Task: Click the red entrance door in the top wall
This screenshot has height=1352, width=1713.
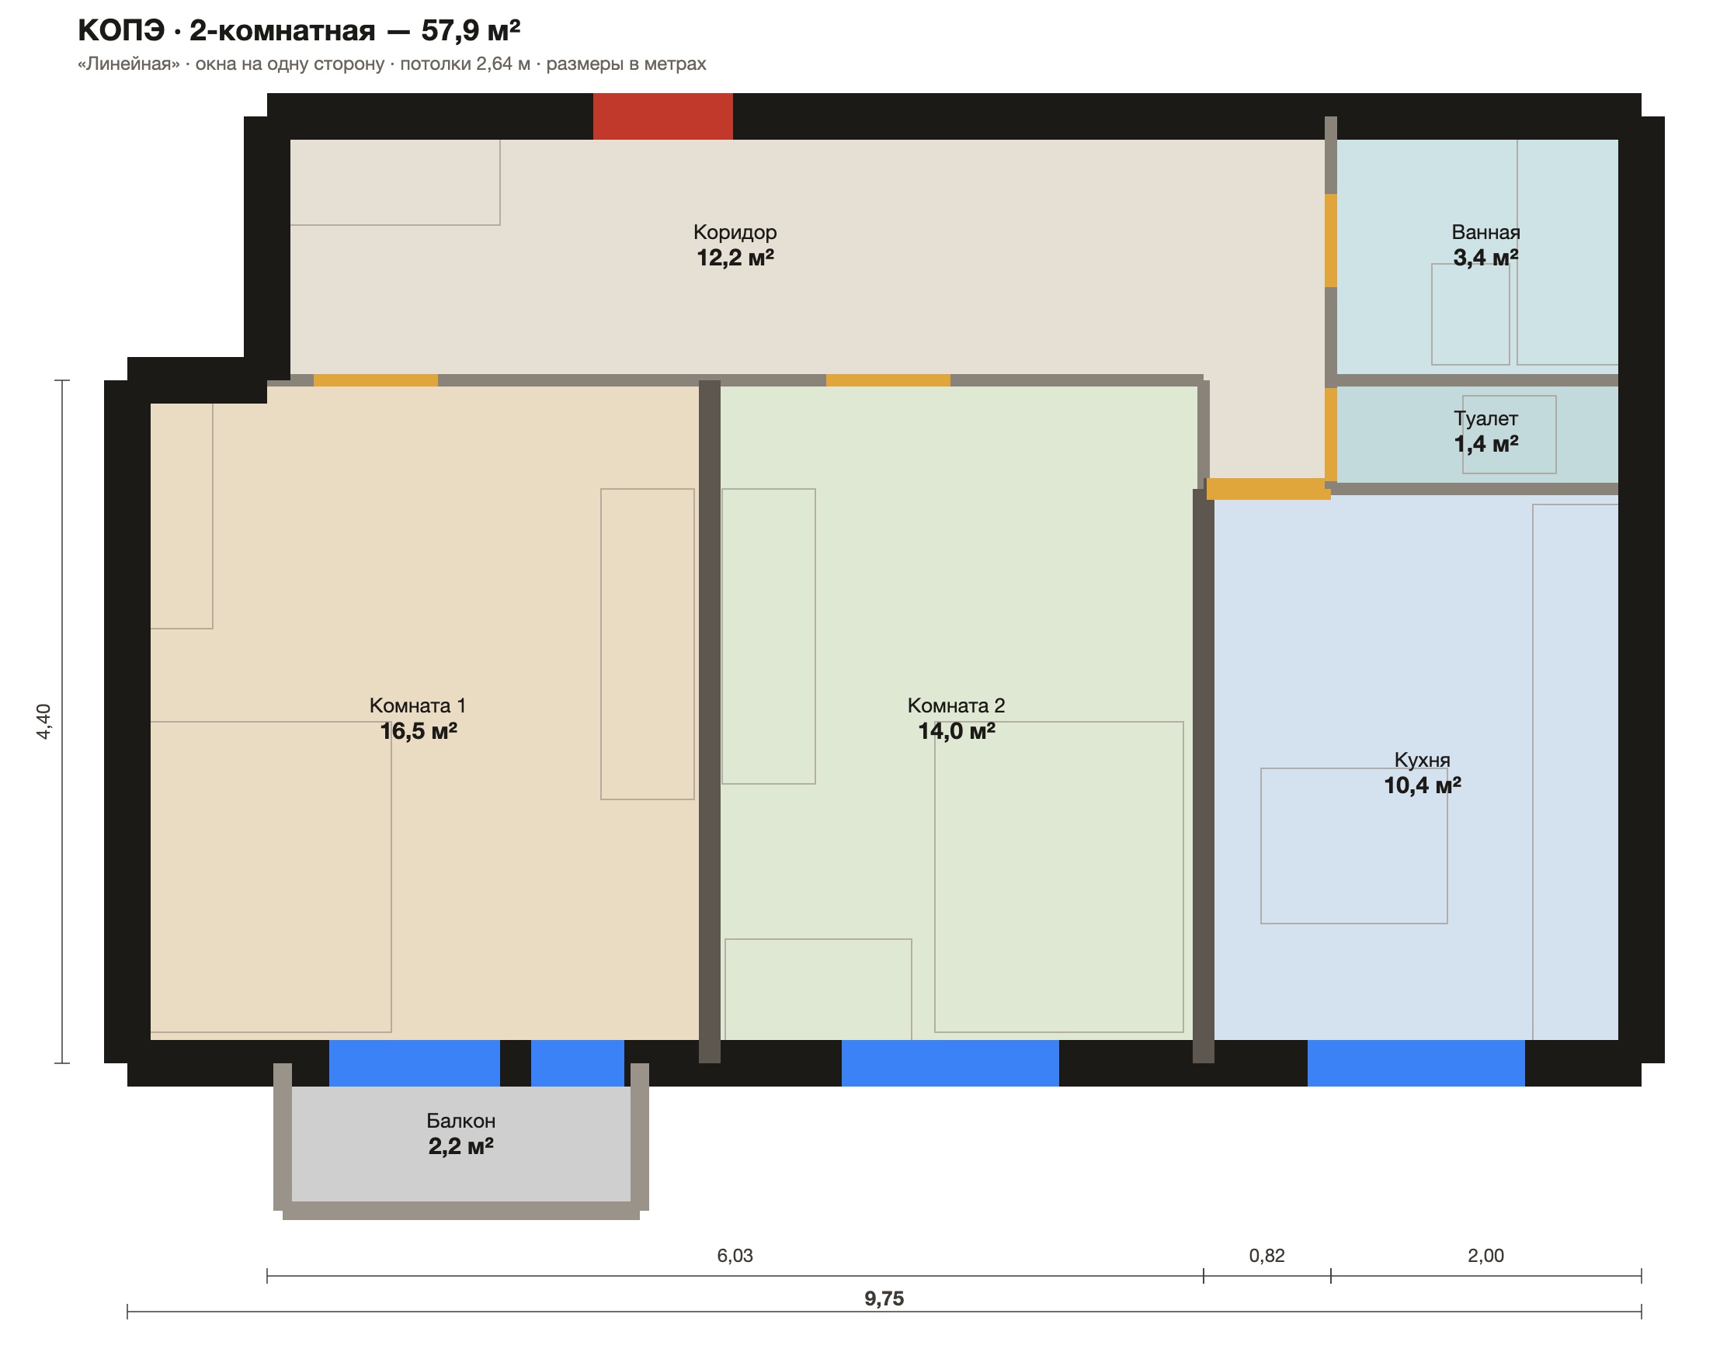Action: pyautogui.click(x=663, y=116)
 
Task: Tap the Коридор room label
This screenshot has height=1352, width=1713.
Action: pyautogui.click(x=735, y=232)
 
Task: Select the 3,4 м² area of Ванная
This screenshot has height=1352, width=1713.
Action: pyautogui.click(x=1485, y=257)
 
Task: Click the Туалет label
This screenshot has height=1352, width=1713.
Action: pyautogui.click(x=1485, y=418)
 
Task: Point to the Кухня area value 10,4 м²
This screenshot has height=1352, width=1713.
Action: pyautogui.click(x=1423, y=785)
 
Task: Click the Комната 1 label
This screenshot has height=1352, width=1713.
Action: pyautogui.click(x=417, y=705)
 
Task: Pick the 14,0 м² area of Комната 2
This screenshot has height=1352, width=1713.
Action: pyautogui.click(x=957, y=730)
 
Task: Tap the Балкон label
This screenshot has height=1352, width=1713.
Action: pyautogui.click(x=461, y=1121)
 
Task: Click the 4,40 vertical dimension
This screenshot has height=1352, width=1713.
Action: pyautogui.click(x=44, y=722)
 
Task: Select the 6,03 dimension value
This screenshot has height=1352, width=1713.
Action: pyautogui.click(x=735, y=1256)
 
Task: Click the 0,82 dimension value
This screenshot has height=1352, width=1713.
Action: pyautogui.click(x=1267, y=1256)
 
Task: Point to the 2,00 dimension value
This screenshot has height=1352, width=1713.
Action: pyautogui.click(x=1485, y=1256)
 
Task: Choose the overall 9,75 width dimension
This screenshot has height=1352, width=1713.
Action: pyautogui.click(x=884, y=1299)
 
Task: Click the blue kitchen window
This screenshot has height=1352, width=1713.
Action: pyautogui.click(x=1416, y=1063)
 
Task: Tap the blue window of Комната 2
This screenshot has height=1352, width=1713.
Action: pyautogui.click(x=950, y=1063)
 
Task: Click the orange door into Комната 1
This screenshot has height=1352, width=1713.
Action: pyautogui.click(x=375, y=381)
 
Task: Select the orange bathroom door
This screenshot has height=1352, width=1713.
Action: pyautogui.click(x=1331, y=241)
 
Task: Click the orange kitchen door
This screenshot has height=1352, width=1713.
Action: pyautogui.click(x=1269, y=489)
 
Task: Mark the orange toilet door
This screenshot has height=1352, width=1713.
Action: pyautogui.click(x=1331, y=435)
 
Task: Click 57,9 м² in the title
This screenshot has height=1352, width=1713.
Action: pyautogui.click(x=471, y=30)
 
